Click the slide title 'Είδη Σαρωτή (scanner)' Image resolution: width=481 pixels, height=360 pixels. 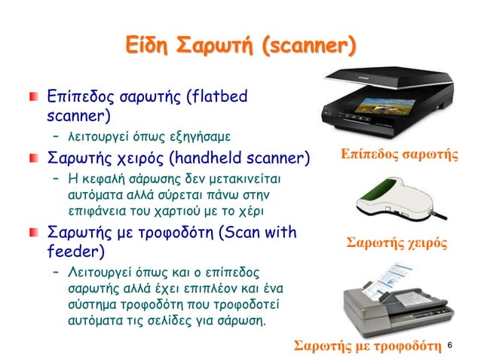(x=240, y=49)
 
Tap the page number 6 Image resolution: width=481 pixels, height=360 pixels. (x=449, y=345)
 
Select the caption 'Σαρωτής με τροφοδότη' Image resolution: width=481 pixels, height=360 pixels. (x=367, y=346)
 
